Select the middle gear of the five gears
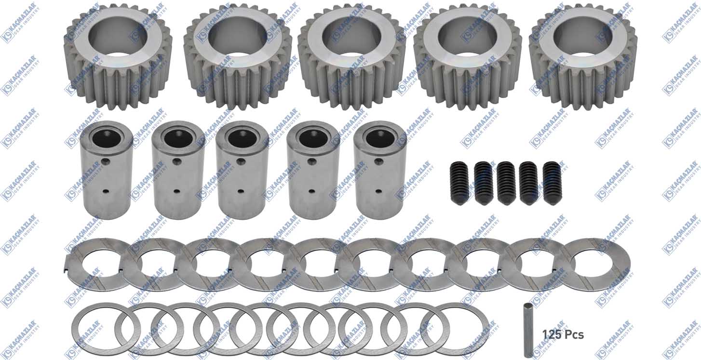click(351, 56)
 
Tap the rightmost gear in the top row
click(583, 56)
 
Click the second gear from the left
click(238, 56)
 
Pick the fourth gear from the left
click(468, 56)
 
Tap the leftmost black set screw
click(459, 183)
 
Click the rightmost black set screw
click(553, 183)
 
